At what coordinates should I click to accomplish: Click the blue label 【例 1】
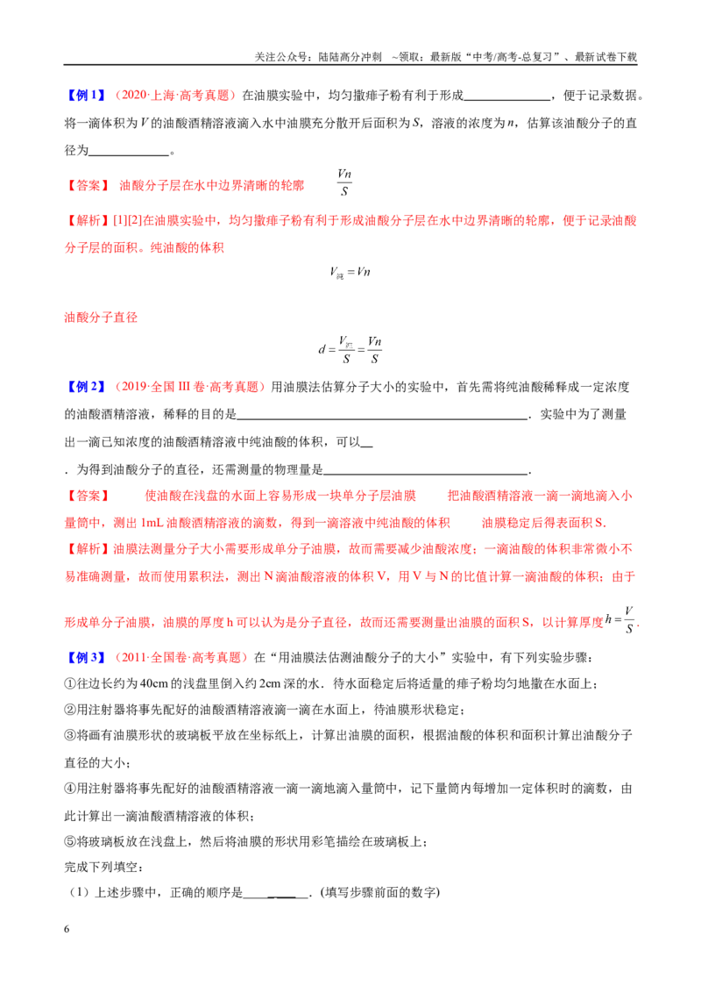[86, 96]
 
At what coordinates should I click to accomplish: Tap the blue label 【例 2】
[86, 387]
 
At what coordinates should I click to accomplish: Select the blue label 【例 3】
[86, 657]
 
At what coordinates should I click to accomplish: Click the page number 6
[67, 929]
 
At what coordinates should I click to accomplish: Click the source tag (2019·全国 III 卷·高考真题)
[188, 387]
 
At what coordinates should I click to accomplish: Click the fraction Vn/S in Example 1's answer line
[344, 182]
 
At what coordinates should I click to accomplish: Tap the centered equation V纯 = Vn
[350, 272]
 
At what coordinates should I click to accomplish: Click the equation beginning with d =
[350, 349]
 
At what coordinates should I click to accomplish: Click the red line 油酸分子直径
[101, 318]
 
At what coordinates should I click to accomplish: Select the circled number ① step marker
[70, 684]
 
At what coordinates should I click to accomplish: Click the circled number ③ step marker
[70, 735]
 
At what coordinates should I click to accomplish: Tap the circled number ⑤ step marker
[70, 841]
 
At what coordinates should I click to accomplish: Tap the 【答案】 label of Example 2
[89, 496]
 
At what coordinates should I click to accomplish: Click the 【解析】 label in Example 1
[89, 220]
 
